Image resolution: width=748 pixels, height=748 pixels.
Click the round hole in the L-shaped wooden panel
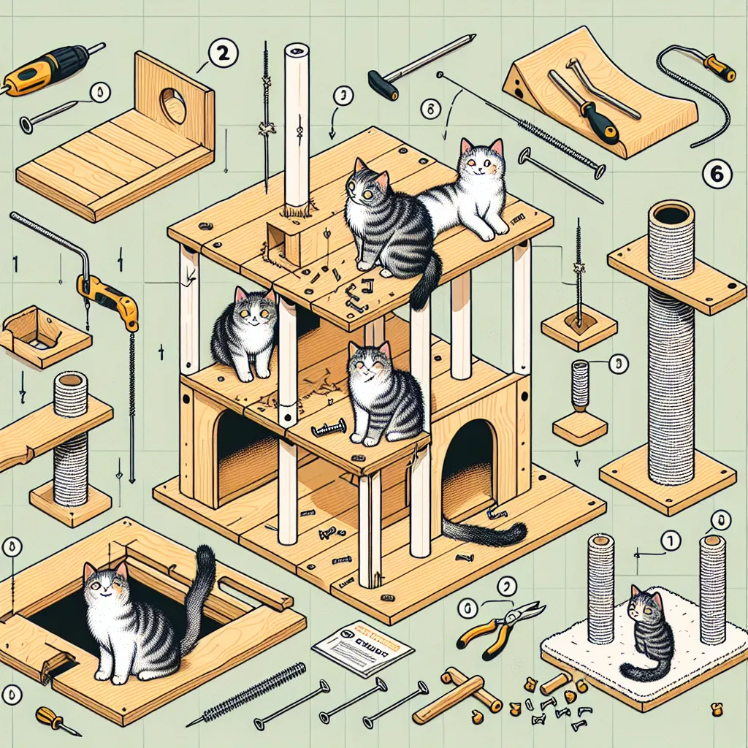(x=174, y=105)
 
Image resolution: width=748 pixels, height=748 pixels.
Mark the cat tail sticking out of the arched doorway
(x=486, y=533)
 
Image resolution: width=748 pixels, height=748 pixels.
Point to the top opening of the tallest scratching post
(x=671, y=215)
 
